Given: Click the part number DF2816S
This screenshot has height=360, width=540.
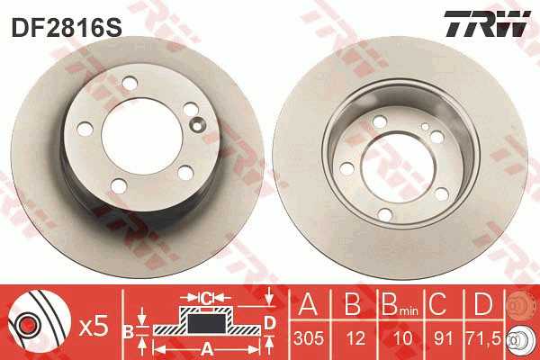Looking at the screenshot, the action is tap(67, 27).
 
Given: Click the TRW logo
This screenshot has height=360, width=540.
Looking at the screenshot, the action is tap(487, 23).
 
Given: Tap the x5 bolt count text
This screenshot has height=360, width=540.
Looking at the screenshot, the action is tap(94, 327).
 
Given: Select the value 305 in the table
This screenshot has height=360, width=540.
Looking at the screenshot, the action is tap(309, 338).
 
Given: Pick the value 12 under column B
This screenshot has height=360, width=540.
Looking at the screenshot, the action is tap(355, 338).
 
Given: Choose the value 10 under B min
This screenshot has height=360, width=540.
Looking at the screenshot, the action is tap(402, 338).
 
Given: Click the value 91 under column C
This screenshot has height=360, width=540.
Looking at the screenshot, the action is tap(442, 338).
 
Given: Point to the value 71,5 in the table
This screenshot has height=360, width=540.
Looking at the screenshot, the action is tap(482, 338).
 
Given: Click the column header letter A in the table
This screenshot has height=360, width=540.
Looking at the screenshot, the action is tap(308, 304).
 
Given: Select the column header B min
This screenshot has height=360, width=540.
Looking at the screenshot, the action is tap(400, 304).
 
